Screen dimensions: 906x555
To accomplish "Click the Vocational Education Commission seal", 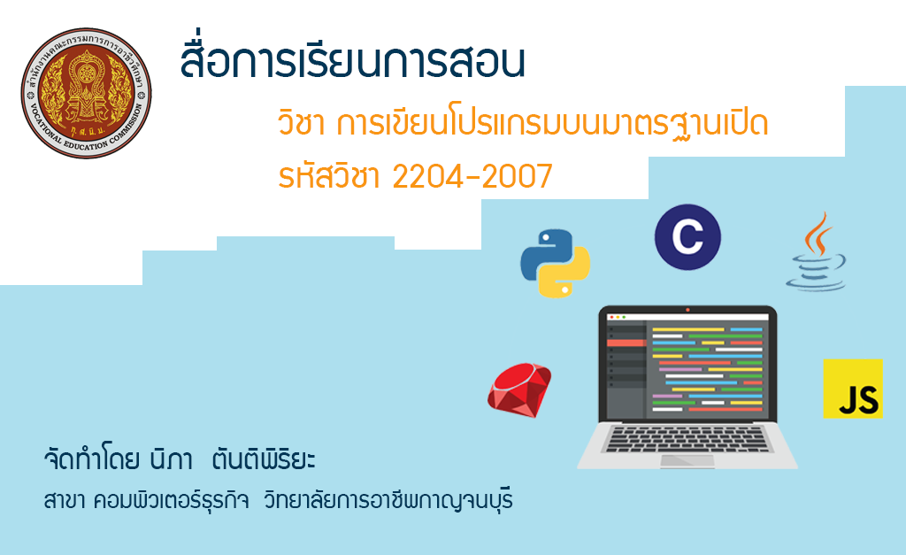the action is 86,92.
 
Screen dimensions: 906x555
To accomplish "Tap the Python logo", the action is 556,264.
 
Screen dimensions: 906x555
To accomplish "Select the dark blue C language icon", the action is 687,237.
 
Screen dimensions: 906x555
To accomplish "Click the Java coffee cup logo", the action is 816,251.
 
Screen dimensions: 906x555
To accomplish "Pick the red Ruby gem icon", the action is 519,389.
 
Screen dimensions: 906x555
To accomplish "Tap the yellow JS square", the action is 853,389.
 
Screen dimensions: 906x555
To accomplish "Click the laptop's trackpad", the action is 687,461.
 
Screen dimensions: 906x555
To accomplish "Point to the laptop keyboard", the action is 687,439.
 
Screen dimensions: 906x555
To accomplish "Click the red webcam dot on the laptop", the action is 687,310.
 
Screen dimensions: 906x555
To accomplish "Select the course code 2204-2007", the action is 472,176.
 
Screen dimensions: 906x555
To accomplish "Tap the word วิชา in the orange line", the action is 301,123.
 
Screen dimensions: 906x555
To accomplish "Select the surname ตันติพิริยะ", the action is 264,459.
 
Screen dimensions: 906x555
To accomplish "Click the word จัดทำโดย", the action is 91,459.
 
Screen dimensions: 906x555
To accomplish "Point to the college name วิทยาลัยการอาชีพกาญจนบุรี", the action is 388,500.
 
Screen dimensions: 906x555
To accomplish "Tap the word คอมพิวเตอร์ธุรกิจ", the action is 171,500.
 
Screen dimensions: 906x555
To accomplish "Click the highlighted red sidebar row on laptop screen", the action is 626,343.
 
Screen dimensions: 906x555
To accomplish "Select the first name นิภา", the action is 171,459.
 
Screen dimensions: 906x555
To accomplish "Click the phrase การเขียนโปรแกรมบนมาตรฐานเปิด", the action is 552,124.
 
